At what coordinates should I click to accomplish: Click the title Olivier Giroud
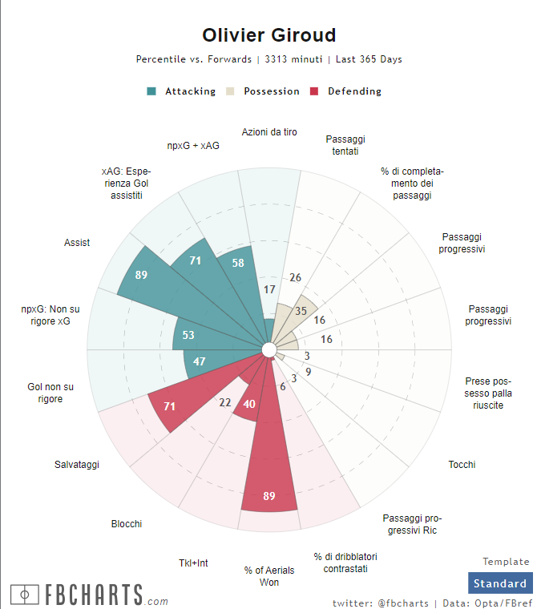[268, 35]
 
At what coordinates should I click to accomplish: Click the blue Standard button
[500, 583]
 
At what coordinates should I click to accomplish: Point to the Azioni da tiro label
[269, 132]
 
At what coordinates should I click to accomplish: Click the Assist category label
[77, 243]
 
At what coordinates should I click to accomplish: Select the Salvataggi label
[77, 465]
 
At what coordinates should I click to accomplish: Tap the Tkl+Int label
[193, 563]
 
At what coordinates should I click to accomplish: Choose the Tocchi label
[462, 465]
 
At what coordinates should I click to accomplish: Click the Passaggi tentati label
[345, 145]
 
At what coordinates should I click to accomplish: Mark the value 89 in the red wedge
[269, 496]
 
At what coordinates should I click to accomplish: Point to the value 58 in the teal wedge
[238, 263]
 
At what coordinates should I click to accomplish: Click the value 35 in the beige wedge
[301, 311]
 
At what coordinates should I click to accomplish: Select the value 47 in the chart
[200, 361]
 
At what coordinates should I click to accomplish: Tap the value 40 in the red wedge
[249, 404]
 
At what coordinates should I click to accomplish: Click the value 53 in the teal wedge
[188, 335]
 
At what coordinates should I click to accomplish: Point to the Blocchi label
[127, 524]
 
